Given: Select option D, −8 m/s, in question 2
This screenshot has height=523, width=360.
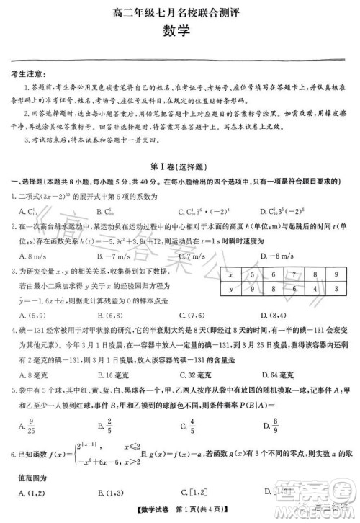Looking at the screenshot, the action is click(282, 256).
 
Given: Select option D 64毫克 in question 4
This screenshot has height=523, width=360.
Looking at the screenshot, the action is click(282, 375).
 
